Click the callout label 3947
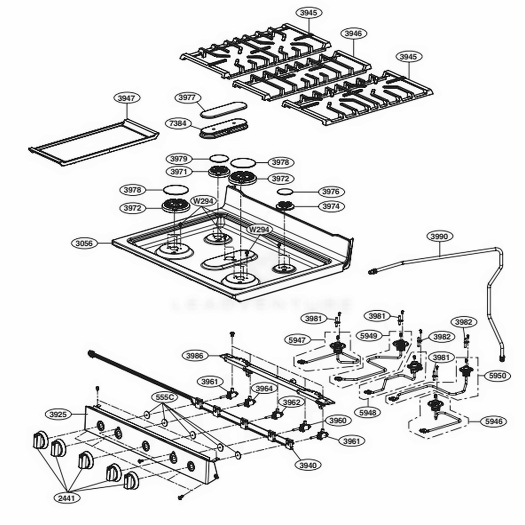125,98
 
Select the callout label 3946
353,33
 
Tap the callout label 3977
186,98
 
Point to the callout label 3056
84,243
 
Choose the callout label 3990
439,237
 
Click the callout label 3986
195,355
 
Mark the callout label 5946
493,421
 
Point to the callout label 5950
497,376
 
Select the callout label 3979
179,159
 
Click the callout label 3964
264,388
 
